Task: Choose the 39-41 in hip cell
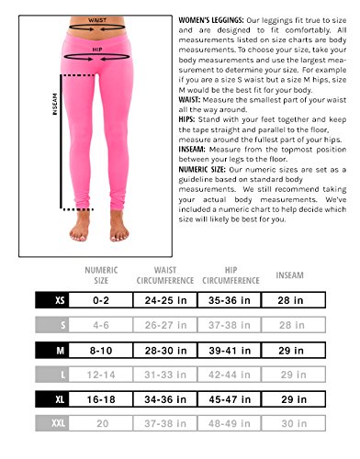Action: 225,350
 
